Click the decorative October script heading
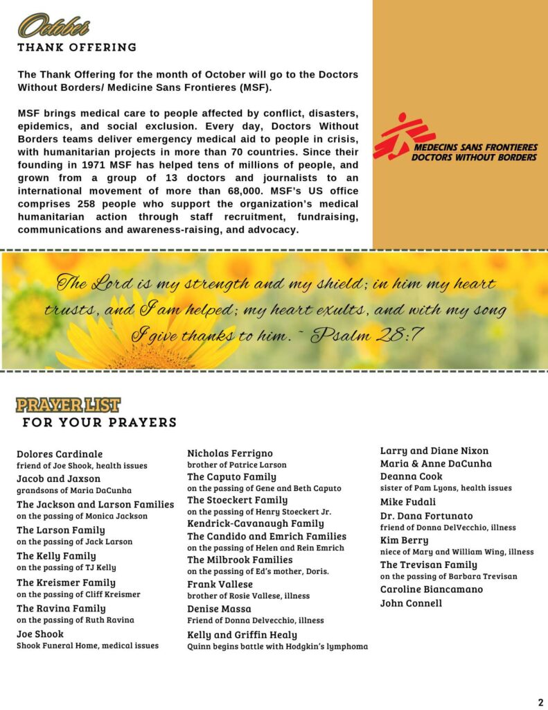pyautogui.click(x=53, y=26)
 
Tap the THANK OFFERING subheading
pyautogui.click(x=77, y=48)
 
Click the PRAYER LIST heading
pyautogui.click(x=68, y=405)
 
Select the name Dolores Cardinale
pyautogui.click(x=60, y=454)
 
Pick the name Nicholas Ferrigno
pyautogui.click(x=230, y=453)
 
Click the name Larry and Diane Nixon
pyautogui.click(x=434, y=451)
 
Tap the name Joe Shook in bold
pyautogui.click(x=40, y=634)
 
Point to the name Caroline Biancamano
pyautogui.click(x=432, y=589)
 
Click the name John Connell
pyautogui.click(x=411, y=603)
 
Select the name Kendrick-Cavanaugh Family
pyautogui.click(x=256, y=523)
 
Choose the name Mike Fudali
pyautogui.click(x=408, y=502)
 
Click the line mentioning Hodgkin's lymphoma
pyautogui.click(x=277, y=646)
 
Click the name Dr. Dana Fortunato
pyautogui.click(x=427, y=516)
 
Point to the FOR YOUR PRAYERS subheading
pyautogui.click(x=99, y=422)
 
